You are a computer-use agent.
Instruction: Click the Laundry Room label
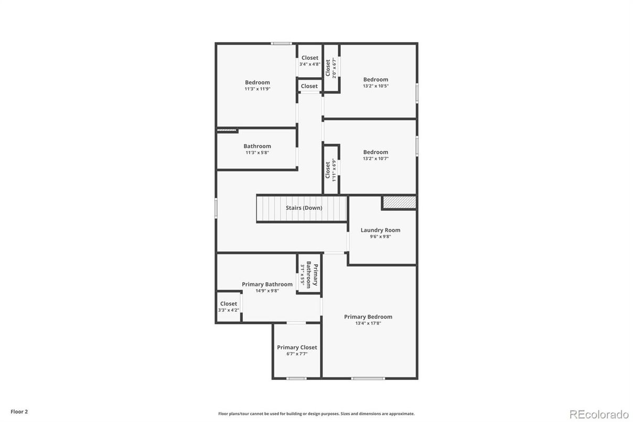point(380,230)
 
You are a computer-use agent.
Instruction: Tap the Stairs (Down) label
point(304,208)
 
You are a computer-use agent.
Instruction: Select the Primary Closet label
point(297,347)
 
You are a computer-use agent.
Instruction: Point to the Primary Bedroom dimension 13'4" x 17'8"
point(368,323)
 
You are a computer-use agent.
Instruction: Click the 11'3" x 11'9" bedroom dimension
point(258,89)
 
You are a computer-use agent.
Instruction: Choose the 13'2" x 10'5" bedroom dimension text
point(375,86)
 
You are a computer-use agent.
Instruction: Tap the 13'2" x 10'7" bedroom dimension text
point(375,159)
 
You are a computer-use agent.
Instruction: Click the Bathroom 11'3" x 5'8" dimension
point(257,153)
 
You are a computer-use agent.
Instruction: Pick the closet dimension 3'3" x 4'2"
point(229,310)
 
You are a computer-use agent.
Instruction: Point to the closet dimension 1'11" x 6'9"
point(334,170)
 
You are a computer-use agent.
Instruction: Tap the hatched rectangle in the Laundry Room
point(399,203)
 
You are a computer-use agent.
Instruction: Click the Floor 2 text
point(19,412)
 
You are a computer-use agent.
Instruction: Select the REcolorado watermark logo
point(599,414)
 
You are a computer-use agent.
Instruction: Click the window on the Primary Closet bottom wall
point(296,378)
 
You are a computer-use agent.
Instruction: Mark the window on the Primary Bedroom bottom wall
point(368,378)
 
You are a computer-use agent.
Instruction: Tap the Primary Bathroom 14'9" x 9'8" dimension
point(267,291)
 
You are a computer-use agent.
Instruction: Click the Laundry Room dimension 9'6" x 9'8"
point(380,236)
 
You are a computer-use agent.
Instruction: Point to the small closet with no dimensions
point(309,86)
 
